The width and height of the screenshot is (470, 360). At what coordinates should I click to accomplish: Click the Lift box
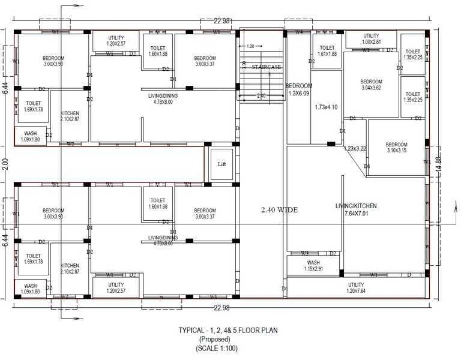[x=221, y=163]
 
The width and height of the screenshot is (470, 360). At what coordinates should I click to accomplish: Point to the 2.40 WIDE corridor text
[x=280, y=210]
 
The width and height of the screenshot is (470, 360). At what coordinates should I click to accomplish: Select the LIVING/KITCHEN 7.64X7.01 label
[x=356, y=210]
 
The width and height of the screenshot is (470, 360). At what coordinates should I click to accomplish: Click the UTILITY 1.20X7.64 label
[x=356, y=288]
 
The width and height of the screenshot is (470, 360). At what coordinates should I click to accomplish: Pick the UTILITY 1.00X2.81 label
[x=372, y=39]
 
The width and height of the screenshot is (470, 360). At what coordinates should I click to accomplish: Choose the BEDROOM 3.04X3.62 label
[x=371, y=85]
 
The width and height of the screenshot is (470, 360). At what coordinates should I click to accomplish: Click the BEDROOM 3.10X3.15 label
[x=396, y=148]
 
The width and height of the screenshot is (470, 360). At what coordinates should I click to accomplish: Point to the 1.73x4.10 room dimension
[x=327, y=107]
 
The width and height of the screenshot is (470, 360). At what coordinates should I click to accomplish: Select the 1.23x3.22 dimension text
[x=355, y=148]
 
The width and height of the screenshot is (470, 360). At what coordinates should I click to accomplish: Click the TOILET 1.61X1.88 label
[x=327, y=50]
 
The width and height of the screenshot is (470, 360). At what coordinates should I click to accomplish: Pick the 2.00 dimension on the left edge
[x=5, y=163]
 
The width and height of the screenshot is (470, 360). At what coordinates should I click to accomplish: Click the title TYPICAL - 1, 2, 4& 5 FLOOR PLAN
[x=227, y=330]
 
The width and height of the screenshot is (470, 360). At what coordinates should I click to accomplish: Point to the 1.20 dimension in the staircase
[x=250, y=46]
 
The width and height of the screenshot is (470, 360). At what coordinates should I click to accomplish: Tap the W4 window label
[x=298, y=32]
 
